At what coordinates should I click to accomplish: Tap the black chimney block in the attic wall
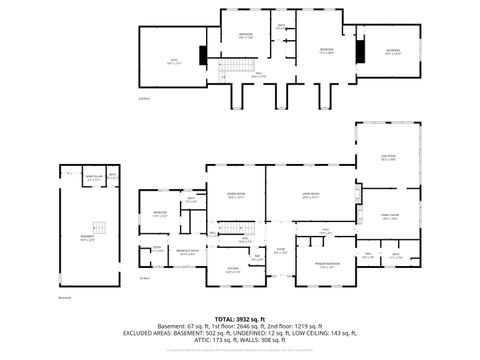tap(204, 55)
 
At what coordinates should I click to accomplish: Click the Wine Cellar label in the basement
tap(92, 178)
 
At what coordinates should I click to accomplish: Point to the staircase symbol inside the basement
tap(97, 228)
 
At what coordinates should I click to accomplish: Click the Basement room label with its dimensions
tap(87, 238)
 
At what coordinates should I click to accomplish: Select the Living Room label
tap(310, 195)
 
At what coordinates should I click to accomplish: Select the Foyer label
tap(281, 250)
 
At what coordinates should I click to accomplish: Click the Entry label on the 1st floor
tap(158, 251)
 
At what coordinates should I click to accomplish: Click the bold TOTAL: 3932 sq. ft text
tap(240, 319)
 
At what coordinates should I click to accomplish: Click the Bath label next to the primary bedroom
tap(396, 255)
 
